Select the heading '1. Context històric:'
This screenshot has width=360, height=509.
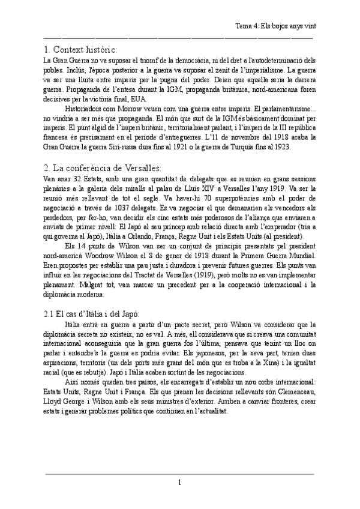coord(81,49)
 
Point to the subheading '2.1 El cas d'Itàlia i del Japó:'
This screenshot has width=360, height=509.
coord(92,314)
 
